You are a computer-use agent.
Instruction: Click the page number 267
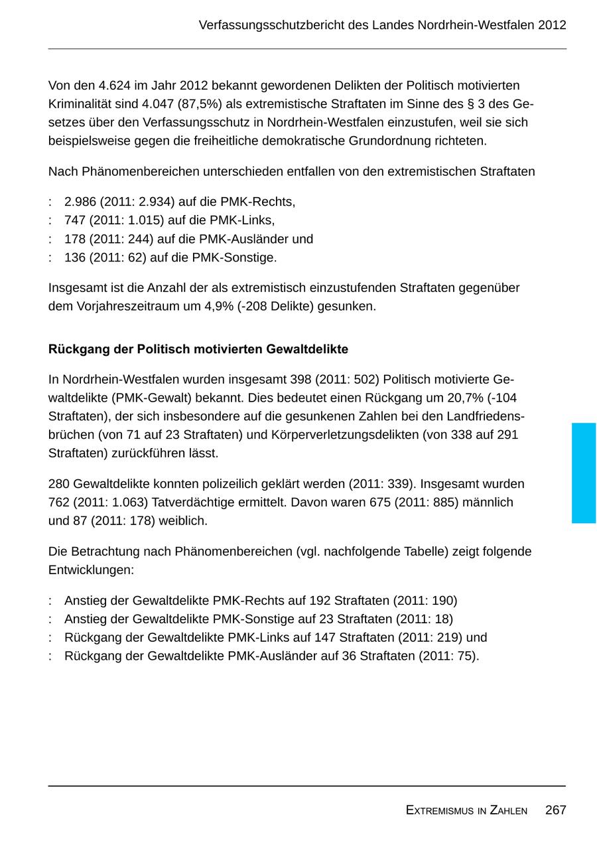click(x=555, y=810)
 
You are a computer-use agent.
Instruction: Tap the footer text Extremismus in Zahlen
click(x=466, y=810)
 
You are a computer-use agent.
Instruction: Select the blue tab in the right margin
click(x=584, y=473)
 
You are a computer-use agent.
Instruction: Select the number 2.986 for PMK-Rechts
click(x=80, y=202)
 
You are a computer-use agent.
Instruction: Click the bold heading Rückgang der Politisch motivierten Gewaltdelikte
click(x=198, y=349)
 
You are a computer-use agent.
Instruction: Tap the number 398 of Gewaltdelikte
click(x=300, y=380)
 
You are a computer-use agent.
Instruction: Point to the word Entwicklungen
click(x=91, y=570)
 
